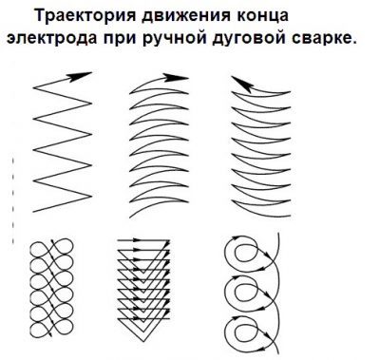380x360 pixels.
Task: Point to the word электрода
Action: tap(51, 39)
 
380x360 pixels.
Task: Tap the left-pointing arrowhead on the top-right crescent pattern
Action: tap(241, 85)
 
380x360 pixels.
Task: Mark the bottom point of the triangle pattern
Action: tap(143, 342)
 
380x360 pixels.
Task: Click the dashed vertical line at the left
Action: tap(13, 200)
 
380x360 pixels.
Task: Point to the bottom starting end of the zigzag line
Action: tap(33, 212)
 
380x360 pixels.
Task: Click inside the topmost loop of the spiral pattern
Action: tap(245, 254)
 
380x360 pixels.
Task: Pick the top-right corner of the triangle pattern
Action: tap(170, 240)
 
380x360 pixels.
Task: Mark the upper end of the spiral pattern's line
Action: tap(278, 234)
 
